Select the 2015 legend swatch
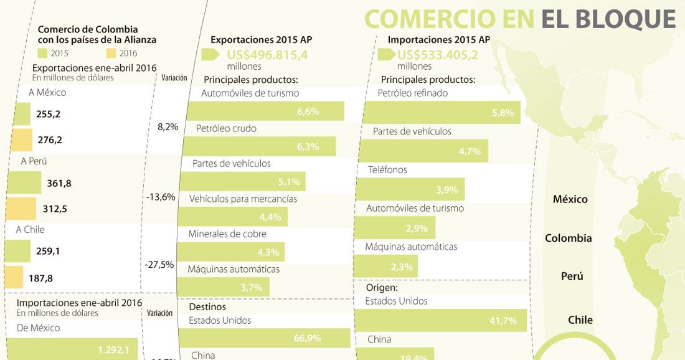(x=43, y=53)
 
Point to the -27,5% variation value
(x=159, y=264)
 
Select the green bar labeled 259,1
(x=17, y=252)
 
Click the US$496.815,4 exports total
(x=267, y=54)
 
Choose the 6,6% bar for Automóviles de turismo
(x=265, y=111)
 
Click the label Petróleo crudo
(x=226, y=128)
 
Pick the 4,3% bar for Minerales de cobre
(x=231, y=253)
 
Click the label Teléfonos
(x=387, y=169)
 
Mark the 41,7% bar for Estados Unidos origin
(x=441, y=321)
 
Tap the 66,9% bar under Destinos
(x=265, y=338)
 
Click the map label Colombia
(x=568, y=238)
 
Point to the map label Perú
(x=572, y=276)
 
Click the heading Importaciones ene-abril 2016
(x=79, y=303)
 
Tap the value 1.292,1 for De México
(x=113, y=350)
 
